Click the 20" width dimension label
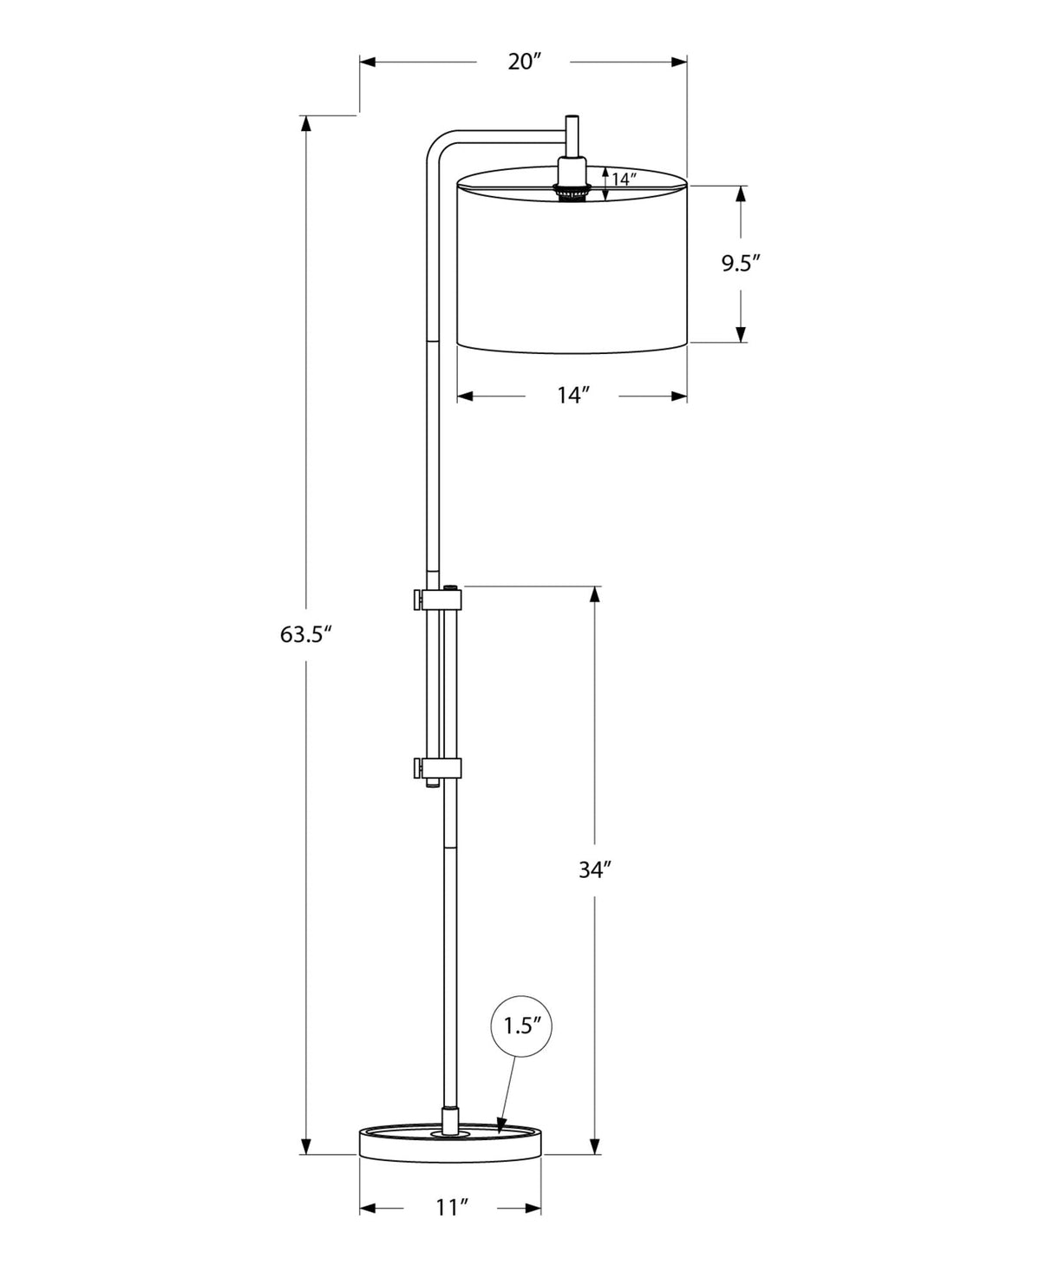[524, 62]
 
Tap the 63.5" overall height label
[306, 634]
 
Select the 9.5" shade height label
[741, 263]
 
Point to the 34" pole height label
[596, 869]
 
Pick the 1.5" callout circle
[522, 1026]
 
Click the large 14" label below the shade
[572, 396]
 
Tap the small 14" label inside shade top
[624, 180]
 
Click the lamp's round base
[450, 1144]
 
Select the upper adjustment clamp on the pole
[438, 598]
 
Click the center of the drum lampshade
[572, 265]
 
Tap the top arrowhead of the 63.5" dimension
[305, 122]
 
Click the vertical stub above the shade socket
[572, 134]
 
